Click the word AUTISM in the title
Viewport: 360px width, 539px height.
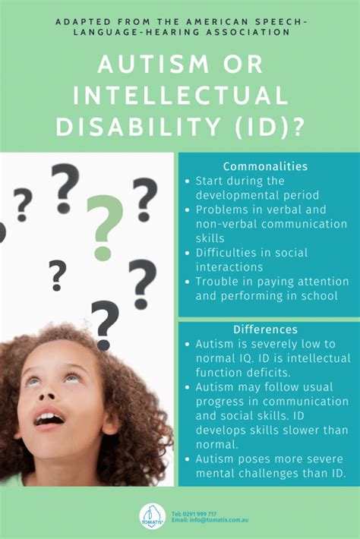click(153, 64)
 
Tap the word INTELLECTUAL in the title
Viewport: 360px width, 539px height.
click(181, 95)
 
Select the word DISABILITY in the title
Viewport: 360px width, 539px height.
click(138, 127)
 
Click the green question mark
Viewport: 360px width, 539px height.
click(105, 228)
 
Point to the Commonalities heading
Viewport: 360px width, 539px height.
click(265, 166)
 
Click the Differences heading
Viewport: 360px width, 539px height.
click(265, 329)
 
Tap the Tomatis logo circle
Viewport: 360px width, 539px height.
click(153, 517)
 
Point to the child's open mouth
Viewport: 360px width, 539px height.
click(49, 418)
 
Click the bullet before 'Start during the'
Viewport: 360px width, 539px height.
click(187, 181)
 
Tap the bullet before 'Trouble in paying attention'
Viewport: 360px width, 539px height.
click(187, 282)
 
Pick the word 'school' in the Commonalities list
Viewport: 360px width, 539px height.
click(320, 296)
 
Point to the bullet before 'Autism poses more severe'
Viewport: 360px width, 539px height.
click(187, 459)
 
